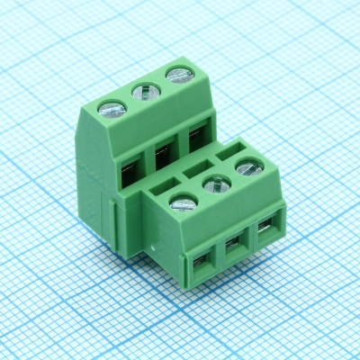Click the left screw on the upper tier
111,109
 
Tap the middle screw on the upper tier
144,91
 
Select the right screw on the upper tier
176,75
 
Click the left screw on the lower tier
183,203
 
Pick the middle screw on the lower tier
216,184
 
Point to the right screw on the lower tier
248,166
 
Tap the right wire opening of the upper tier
195,141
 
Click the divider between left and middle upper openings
146,162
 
